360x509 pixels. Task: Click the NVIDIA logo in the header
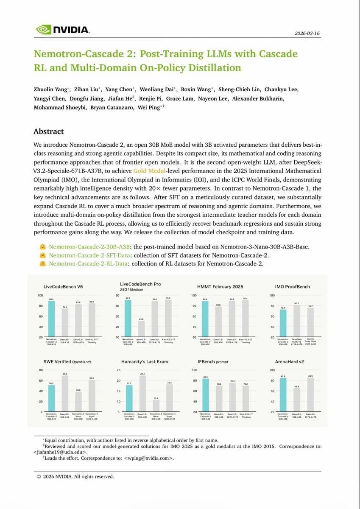(x=62, y=29)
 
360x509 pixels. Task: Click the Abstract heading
(x=49, y=131)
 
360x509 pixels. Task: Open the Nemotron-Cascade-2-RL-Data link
(x=88, y=264)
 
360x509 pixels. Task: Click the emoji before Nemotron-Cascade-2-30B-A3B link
(x=42, y=247)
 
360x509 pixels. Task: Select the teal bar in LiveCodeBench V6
(x=52, y=319)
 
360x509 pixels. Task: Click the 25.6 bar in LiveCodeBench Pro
(x=142, y=329)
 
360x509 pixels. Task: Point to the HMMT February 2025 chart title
(x=220, y=286)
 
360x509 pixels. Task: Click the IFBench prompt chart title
(x=213, y=362)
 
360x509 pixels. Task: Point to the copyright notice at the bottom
(x=75, y=476)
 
